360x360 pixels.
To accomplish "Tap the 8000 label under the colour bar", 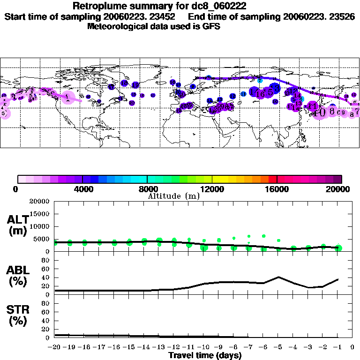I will tap(147, 189).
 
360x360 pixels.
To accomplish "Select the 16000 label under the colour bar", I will tap(277, 189).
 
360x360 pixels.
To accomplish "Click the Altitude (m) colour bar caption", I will tap(173, 196).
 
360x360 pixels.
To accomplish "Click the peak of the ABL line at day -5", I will tap(278, 277).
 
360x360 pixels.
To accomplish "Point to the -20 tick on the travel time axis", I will tap(55, 347).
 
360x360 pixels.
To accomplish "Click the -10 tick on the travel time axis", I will tap(204, 347).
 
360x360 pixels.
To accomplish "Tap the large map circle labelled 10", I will tap(320, 112).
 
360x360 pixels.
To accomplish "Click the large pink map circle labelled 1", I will tap(68, 97).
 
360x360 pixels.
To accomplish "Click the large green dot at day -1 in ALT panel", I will tap(338, 248).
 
